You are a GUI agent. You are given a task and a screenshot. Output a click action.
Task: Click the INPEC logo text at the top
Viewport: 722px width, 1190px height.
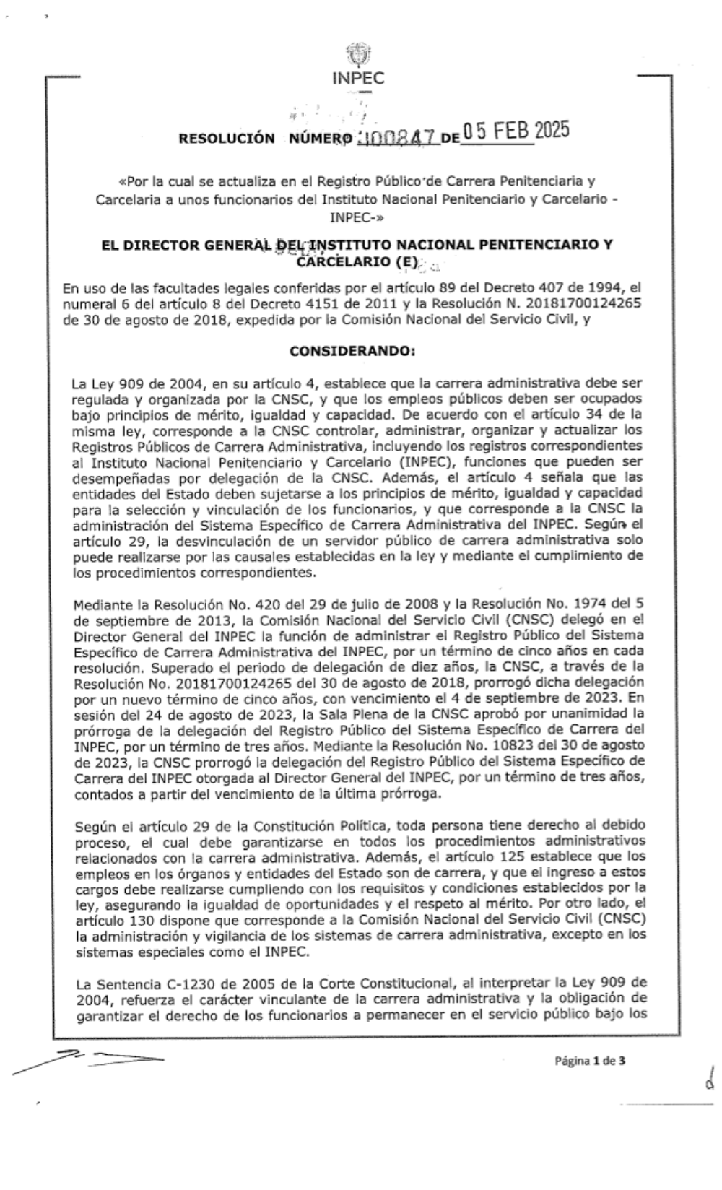point(358,79)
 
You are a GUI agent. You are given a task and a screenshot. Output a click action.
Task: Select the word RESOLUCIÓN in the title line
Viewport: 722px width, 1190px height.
point(227,138)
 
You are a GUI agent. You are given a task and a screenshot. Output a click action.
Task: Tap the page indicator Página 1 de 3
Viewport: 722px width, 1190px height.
point(589,1061)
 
